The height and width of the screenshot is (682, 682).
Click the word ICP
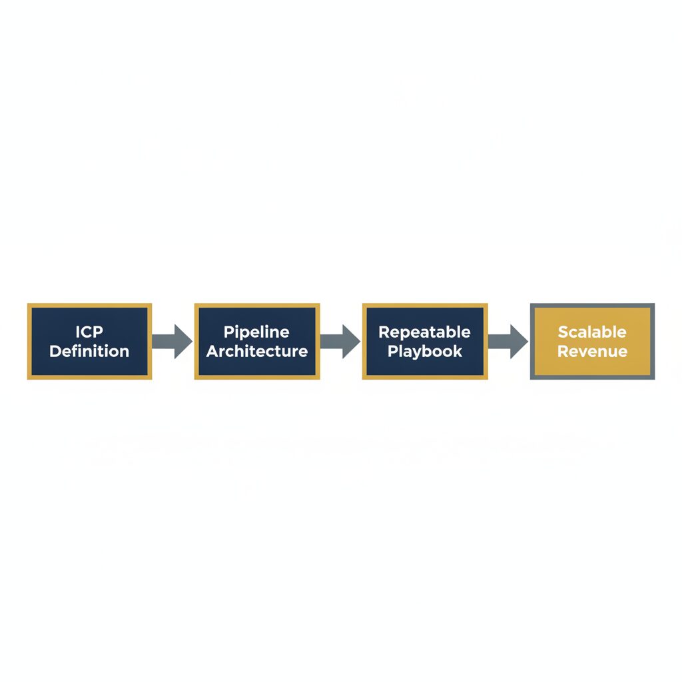pos(89,332)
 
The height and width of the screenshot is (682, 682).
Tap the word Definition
pos(89,351)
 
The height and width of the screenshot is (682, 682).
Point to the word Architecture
pos(257,351)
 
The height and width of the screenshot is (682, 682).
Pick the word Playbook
pos(425,352)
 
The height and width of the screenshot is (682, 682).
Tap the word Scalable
pos(592,332)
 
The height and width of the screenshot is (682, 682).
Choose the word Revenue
pos(592,351)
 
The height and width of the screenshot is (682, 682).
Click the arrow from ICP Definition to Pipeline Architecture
pos(172,342)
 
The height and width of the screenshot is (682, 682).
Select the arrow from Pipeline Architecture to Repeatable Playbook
pos(340,342)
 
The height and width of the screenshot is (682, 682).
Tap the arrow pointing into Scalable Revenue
pos(508,342)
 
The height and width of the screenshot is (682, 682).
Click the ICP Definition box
pos(90,342)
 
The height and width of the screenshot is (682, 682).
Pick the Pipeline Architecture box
pos(257,342)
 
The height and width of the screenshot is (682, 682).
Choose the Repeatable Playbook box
pos(425,342)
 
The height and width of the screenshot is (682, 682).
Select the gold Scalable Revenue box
pos(592,342)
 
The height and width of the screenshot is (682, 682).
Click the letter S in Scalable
pos(563,332)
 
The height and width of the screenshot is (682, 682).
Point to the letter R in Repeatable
pos(384,332)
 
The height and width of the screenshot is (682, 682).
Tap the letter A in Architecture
pos(213,351)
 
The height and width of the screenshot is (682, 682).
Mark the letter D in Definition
pos(56,351)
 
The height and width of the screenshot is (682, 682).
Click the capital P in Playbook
pos(393,351)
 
